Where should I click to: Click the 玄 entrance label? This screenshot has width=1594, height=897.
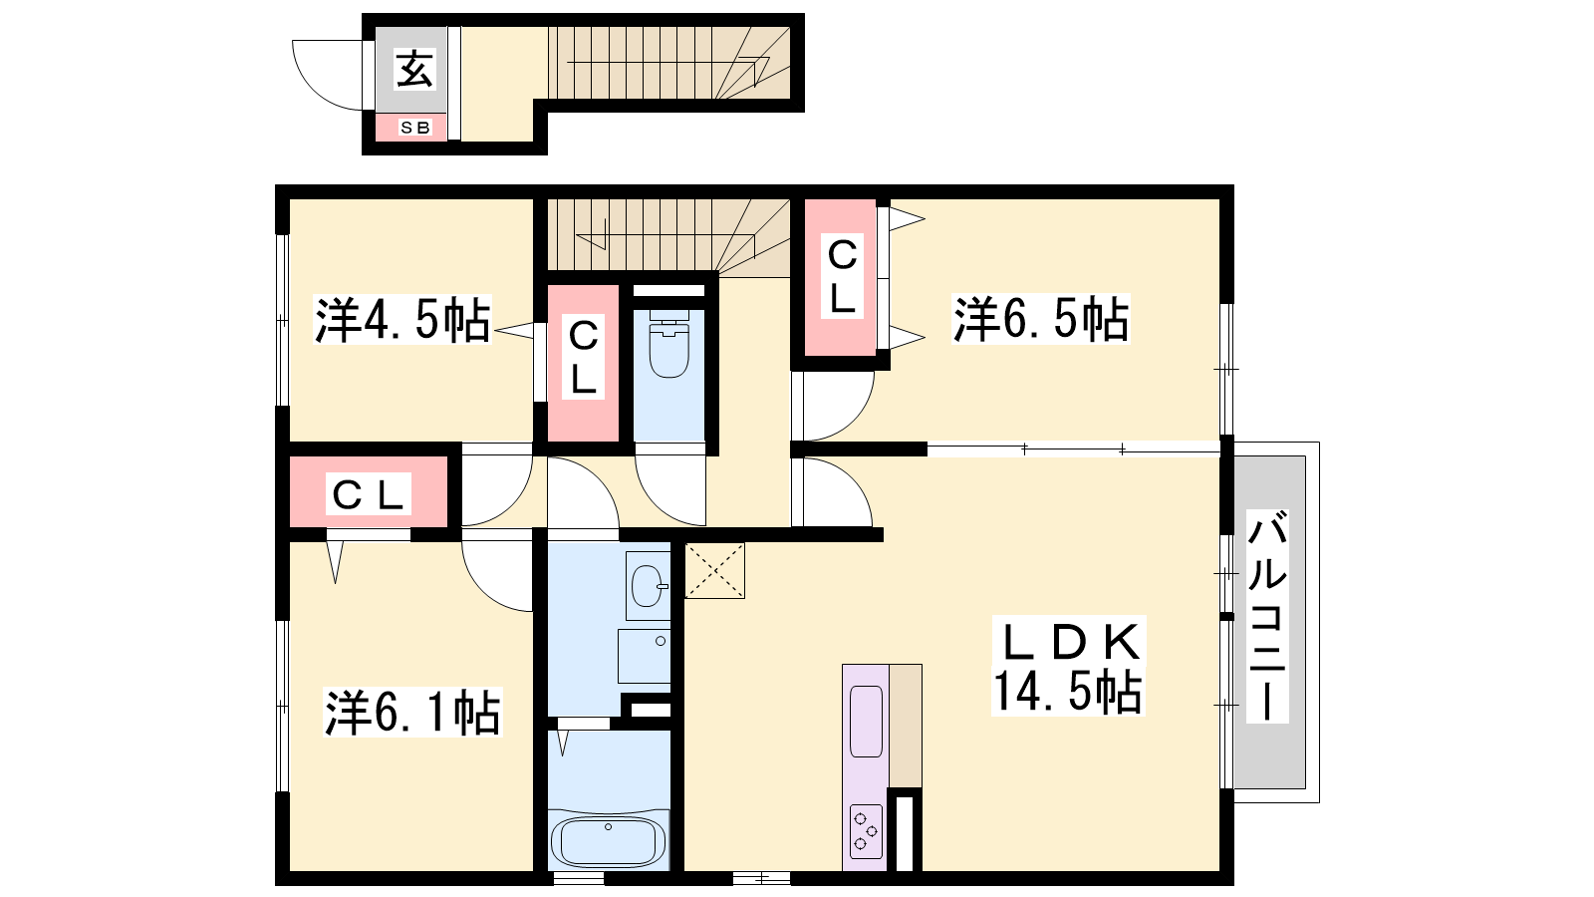(x=414, y=69)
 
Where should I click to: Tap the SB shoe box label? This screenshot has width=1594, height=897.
(x=414, y=128)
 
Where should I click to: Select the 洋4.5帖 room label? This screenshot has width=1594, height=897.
(x=402, y=320)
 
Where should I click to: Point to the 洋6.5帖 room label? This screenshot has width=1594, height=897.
(x=1040, y=320)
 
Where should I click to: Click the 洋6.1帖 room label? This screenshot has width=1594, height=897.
(x=412, y=712)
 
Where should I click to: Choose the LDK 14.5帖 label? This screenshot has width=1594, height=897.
(x=1068, y=667)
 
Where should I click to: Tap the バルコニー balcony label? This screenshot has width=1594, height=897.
(x=1268, y=616)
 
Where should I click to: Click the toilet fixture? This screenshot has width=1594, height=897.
(x=668, y=344)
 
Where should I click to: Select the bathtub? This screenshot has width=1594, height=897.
(x=609, y=841)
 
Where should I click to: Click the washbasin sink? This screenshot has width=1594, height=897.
(x=649, y=586)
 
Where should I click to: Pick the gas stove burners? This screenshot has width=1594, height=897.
(x=866, y=831)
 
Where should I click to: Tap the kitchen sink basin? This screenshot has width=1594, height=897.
(x=866, y=722)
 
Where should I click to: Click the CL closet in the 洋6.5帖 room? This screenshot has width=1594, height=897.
(x=841, y=278)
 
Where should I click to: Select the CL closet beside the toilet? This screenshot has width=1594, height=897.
(x=583, y=363)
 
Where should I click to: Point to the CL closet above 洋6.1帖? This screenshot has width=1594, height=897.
(x=368, y=492)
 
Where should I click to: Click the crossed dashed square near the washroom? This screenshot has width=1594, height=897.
(x=714, y=570)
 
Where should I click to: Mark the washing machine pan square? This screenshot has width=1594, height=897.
(x=644, y=657)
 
